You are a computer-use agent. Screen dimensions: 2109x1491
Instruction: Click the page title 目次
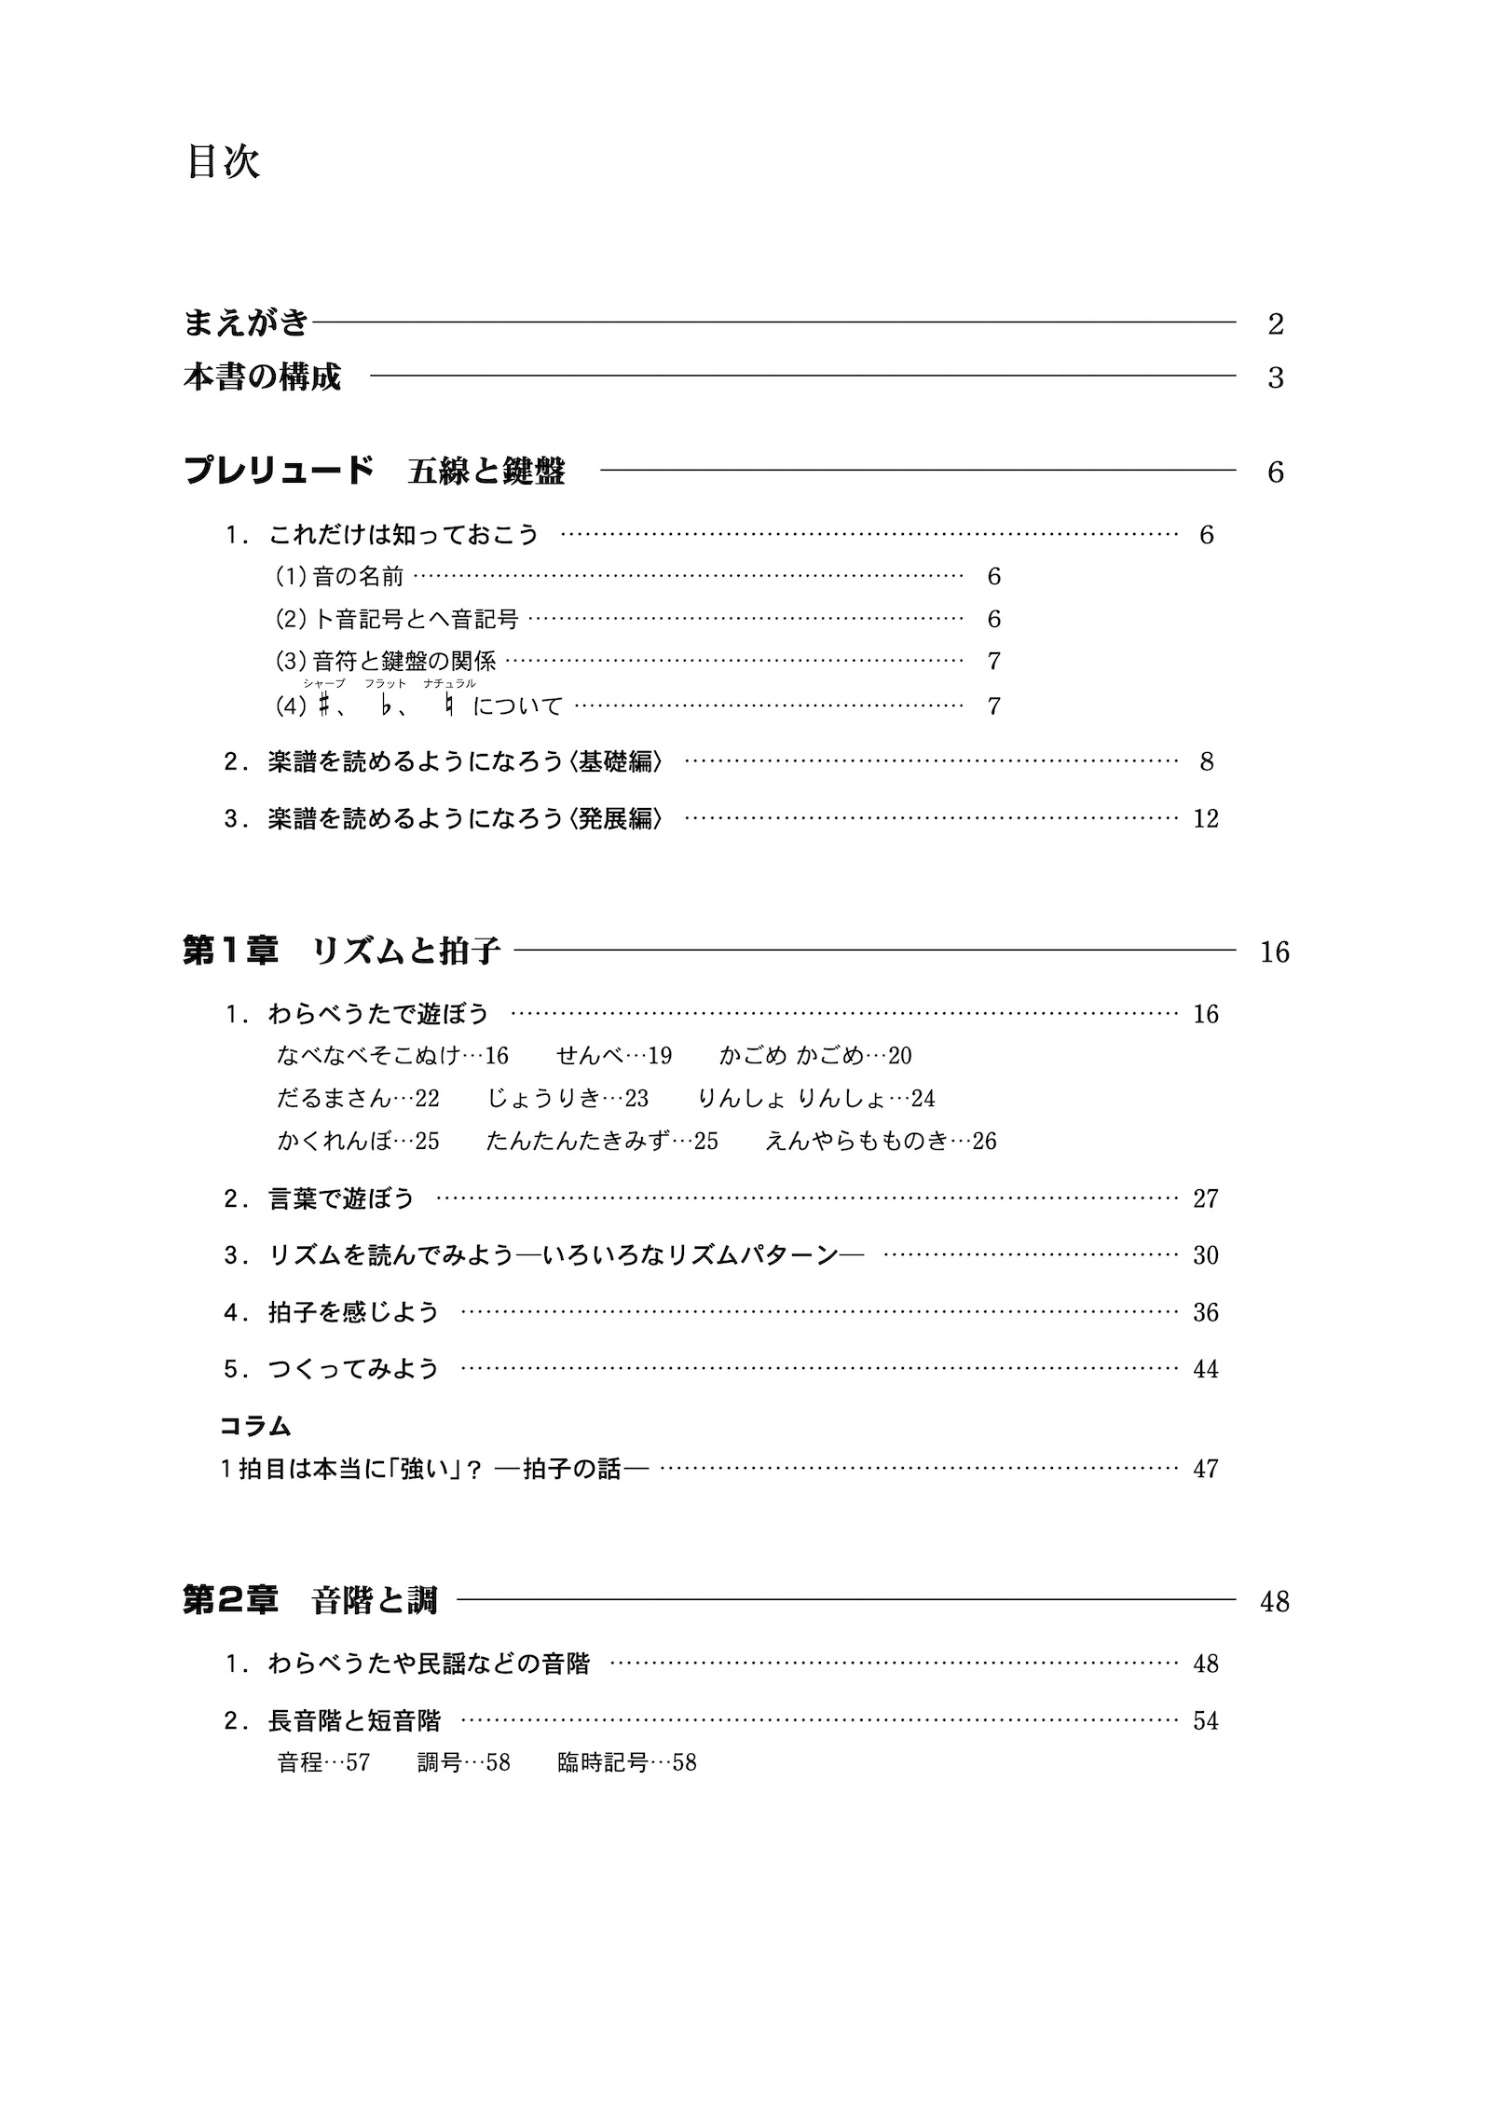pyautogui.click(x=223, y=162)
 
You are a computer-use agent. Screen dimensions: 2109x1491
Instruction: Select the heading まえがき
pyautogui.click(x=246, y=323)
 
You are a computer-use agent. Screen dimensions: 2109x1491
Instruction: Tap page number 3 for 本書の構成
pyautogui.click(x=1276, y=378)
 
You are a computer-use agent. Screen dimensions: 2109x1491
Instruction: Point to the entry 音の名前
pyautogui.click(x=358, y=577)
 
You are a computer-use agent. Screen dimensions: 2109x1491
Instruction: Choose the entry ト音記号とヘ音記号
pyautogui.click(x=416, y=619)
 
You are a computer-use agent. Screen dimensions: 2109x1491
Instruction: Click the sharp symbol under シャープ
pyautogui.click(x=323, y=705)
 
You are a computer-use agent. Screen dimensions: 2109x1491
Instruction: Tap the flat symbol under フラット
pyautogui.click(x=384, y=705)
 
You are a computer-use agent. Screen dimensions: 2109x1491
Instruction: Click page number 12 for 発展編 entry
pyautogui.click(x=1205, y=819)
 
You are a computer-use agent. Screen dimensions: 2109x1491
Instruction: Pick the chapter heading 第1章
pyautogui.click(x=230, y=952)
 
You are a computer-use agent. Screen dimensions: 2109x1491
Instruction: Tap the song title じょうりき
pyautogui.click(x=543, y=1098)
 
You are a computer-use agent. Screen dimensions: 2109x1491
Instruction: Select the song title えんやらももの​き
pyautogui.click(x=855, y=1141)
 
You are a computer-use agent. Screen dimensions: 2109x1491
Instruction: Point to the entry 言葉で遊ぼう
pyautogui.click(x=341, y=1198)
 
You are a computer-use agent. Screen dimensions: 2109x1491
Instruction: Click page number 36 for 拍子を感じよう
pyautogui.click(x=1205, y=1313)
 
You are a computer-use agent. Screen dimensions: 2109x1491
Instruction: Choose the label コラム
pyautogui.click(x=255, y=1426)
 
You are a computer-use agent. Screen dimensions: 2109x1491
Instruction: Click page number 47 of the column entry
pyautogui.click(x=1205, y=1469)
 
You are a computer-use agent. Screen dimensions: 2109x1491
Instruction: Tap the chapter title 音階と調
pyautogui.click(x=375, y=1601)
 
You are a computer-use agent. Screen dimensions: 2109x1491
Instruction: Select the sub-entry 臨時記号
pyautogui.click(x=602, y=1762)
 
